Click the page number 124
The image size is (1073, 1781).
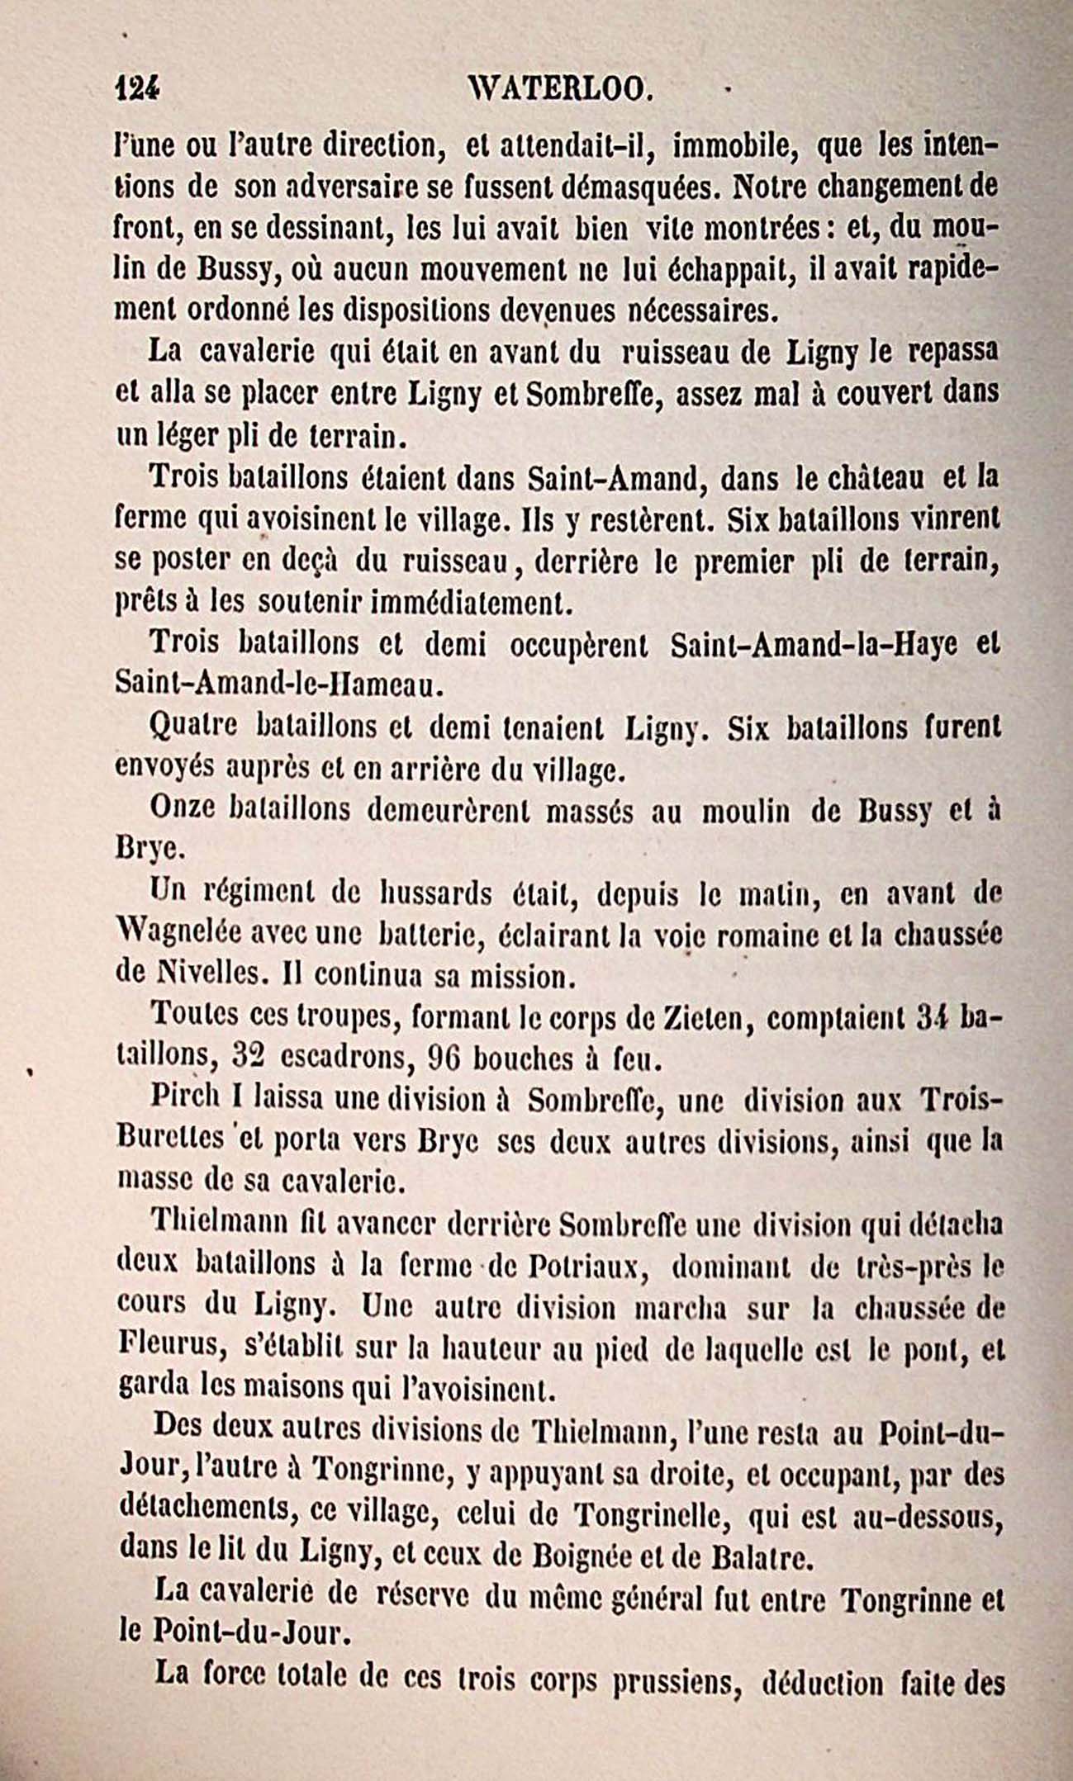[136, 86]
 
